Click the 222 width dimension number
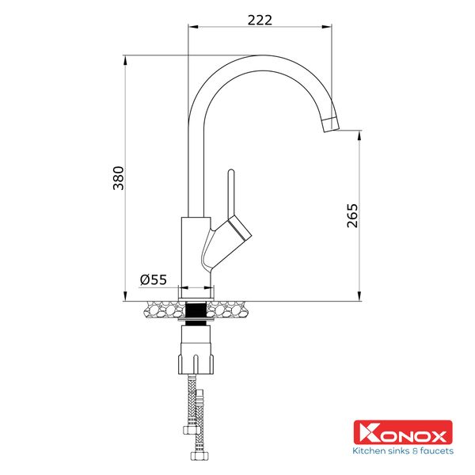(260, 20)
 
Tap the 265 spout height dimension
(352, 216)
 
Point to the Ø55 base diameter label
(153, 279)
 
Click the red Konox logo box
(402, 433)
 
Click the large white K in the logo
(364, 433)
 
